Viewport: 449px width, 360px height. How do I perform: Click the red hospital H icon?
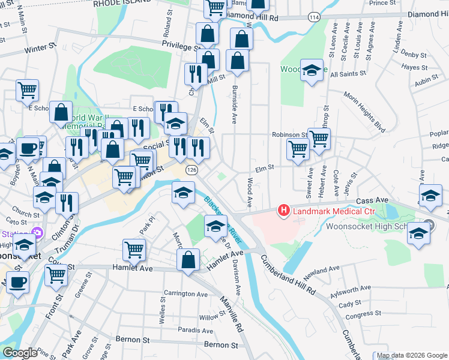283,211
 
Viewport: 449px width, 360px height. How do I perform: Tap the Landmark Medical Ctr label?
330,211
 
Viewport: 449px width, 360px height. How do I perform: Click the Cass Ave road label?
370,201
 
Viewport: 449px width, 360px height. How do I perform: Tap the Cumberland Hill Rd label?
288,275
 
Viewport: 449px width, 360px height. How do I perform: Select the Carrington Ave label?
187,294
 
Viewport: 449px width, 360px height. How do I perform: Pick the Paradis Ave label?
196,331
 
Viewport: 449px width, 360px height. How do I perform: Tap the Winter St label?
41,46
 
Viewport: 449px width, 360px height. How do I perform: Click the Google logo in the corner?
20,353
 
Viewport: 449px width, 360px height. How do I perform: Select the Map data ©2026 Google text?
411,355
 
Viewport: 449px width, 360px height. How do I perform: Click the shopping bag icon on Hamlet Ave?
188,260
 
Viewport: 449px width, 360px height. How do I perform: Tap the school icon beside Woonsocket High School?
418,233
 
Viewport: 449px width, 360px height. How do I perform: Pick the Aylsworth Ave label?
351,292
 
